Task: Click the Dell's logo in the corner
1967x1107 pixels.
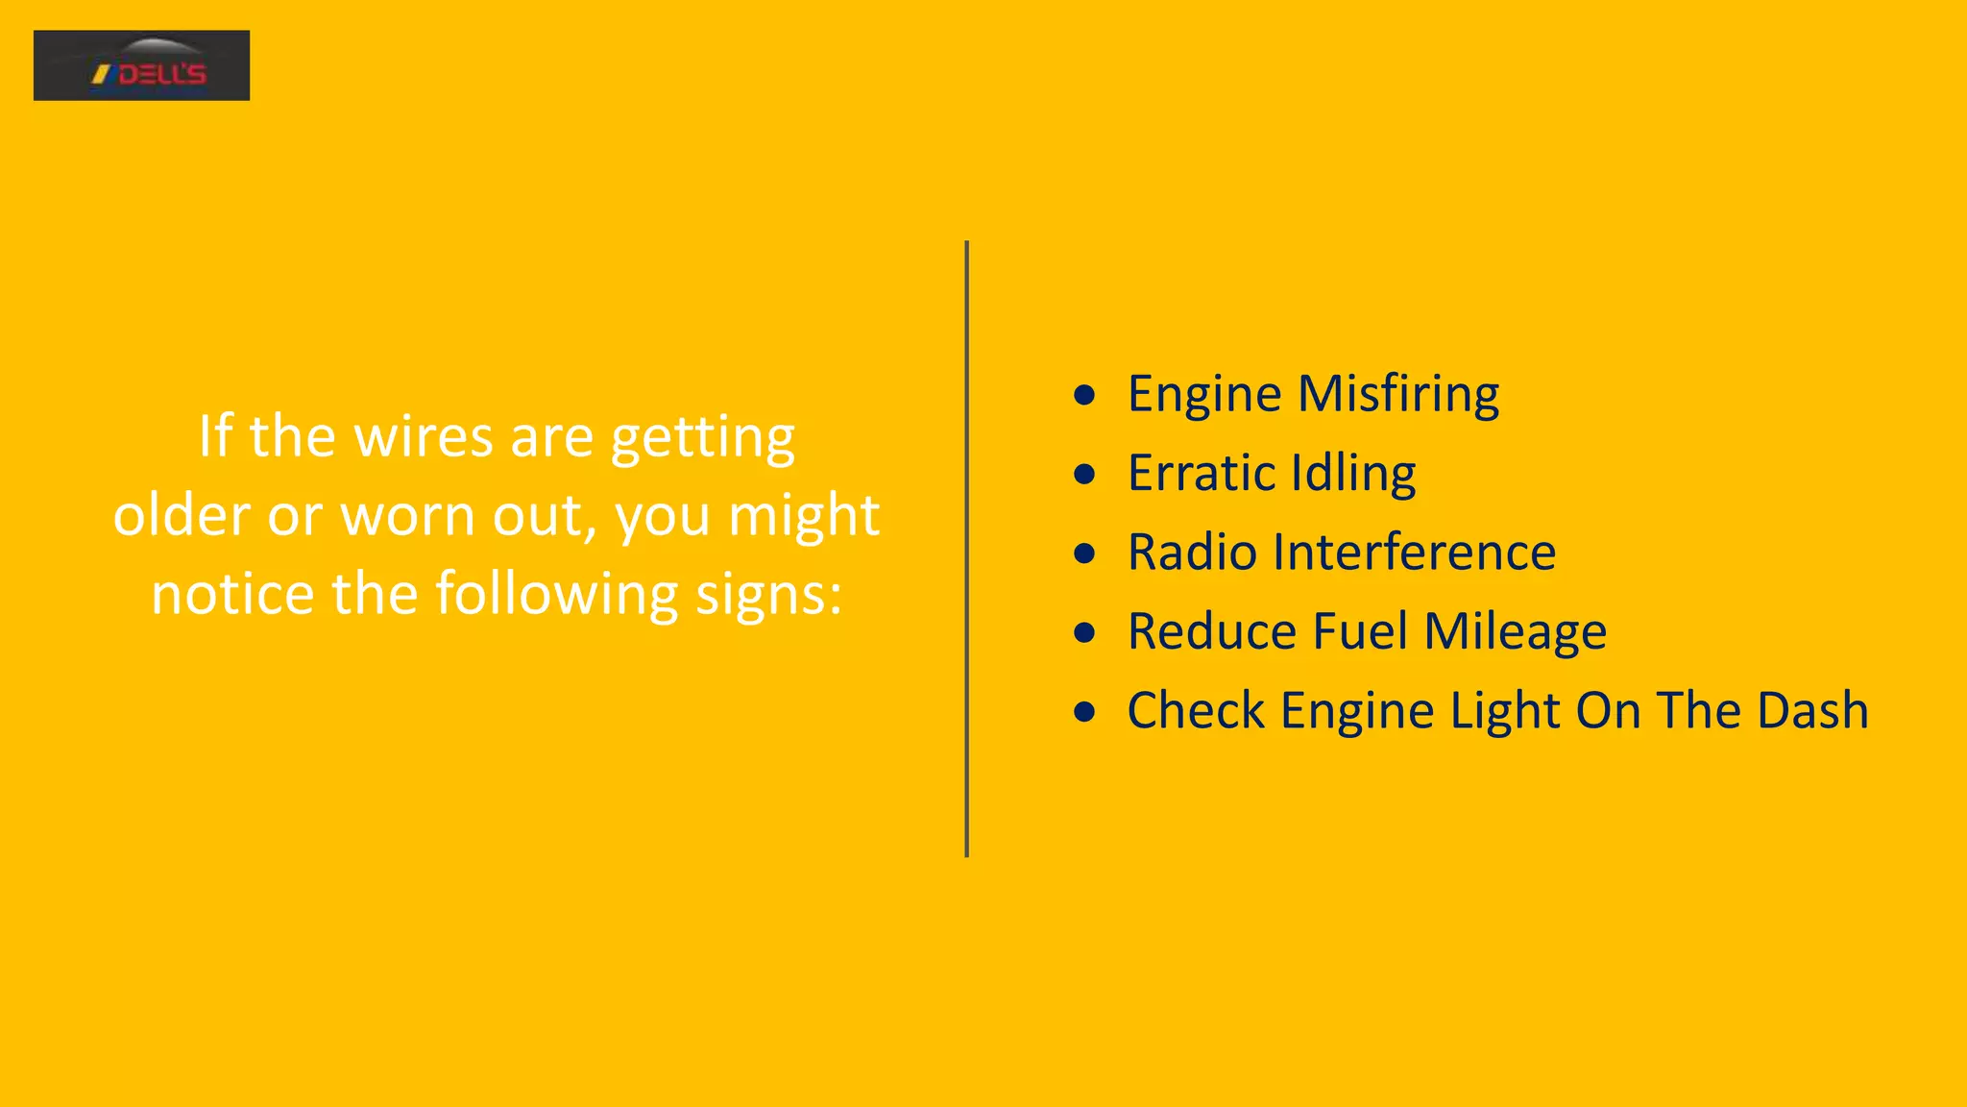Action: click(x=141, y=65)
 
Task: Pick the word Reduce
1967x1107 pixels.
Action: click(x=1211, y=632)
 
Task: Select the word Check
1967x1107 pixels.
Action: click(x=1196, y=711)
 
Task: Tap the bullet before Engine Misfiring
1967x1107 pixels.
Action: click(x=1084, y=395)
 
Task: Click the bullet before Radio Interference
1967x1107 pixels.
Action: click(x=1084, y=553)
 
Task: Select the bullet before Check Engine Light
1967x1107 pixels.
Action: click(x=1084, y=712)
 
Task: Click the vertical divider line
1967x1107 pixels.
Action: click(x=966, y=548)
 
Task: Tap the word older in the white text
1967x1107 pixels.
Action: click(x=181, y=516)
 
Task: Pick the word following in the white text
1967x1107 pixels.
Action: click(x=556, y=595)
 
